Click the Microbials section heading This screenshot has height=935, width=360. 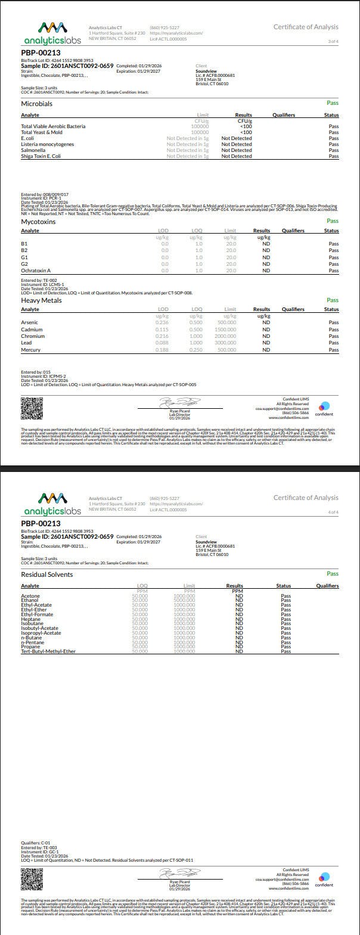(36, 104)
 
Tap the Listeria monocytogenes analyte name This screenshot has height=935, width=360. (47, 144)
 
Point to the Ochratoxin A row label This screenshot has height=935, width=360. (36, 271)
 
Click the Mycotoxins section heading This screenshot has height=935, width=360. (38, 222)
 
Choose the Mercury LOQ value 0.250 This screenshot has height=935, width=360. (195, 350)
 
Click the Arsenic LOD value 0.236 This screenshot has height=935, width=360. (162, 322)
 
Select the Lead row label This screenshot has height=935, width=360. (26, 343)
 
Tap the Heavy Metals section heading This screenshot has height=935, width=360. (41, 300)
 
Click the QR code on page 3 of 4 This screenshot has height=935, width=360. (32, 409)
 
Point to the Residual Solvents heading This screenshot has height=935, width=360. (46, 574)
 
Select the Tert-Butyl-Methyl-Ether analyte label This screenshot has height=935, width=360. (48, 651)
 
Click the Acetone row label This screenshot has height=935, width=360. (30, 595)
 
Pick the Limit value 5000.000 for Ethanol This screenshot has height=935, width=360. (184, 600)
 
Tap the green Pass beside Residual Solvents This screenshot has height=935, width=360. (333, 574)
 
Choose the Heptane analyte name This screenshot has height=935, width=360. (32, 619)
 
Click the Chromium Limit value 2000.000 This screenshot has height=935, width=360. (226, 336)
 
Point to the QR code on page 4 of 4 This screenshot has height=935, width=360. (32, 879)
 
